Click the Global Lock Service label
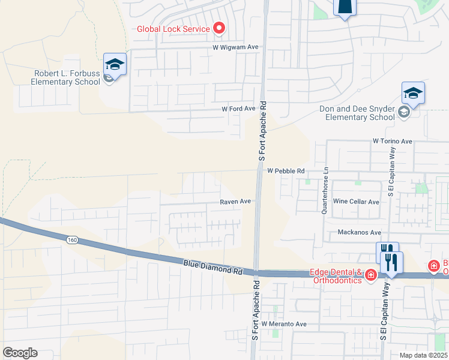point(173,28)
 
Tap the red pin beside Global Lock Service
point(219,28)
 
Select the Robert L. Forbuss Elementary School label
point(66,78)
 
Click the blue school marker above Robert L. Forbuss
point(115,64)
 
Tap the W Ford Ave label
point(238,109)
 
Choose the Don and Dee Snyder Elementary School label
point(357,113)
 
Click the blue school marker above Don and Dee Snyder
point(413,92)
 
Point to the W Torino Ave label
point(393,141)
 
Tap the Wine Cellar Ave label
point(356,202)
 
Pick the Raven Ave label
point(235,202)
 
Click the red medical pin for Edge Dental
point(371,275)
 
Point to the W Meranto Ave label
point(284,324)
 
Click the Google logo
point(20,353)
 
